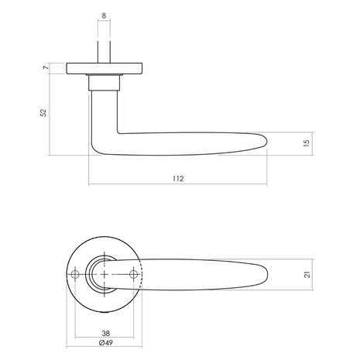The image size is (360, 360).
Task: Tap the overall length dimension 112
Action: [x=179, y=179]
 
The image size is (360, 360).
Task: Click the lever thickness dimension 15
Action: [x=306, y=142]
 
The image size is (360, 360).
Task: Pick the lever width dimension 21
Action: [x=306, y=274]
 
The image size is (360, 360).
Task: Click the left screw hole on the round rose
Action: [x=76, y=274]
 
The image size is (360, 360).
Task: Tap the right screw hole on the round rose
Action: [x=136, y=274]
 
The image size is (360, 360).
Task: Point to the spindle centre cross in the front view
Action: [x=106, y=274]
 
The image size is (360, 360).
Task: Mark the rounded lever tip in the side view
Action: [x=266, y=142]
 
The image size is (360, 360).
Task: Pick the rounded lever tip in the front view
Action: [x=267, y=274]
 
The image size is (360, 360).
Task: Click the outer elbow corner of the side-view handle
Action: [x=94, y=149]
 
